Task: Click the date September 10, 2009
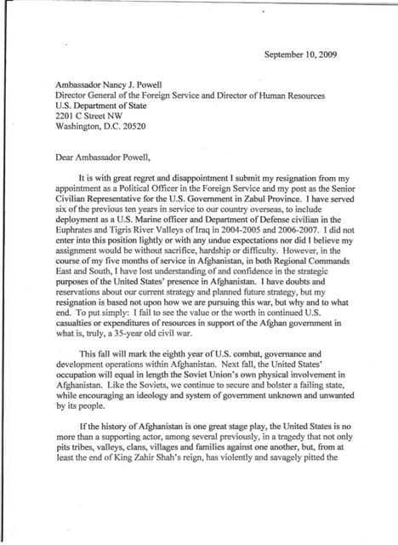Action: coord(301,54)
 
